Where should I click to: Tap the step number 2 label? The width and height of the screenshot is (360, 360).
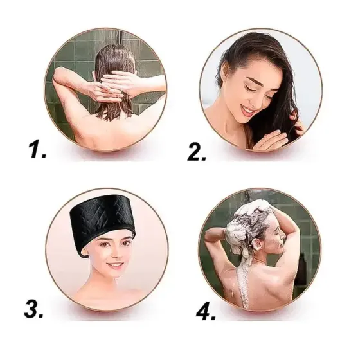[197, 151]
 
